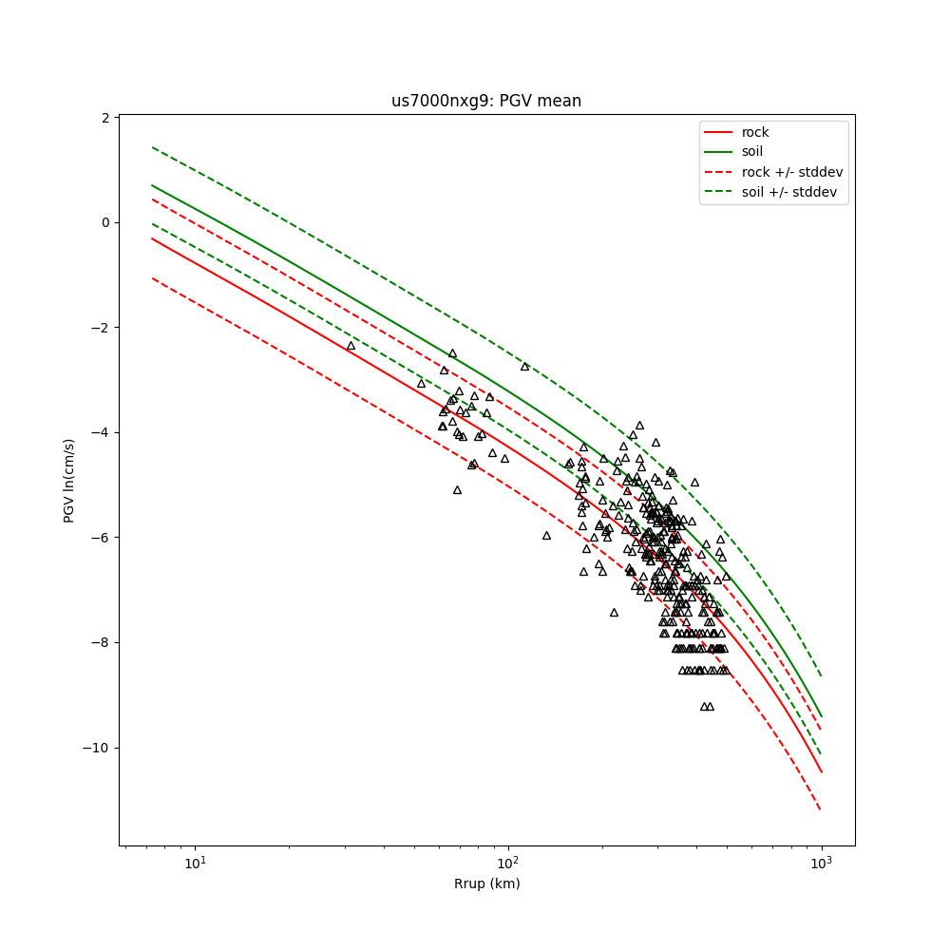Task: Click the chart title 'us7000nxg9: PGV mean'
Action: tap(486, 101)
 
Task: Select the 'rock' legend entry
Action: tap(755, 132)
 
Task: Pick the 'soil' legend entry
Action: tap(754, 152)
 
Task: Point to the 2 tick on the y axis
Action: tap(105, 118)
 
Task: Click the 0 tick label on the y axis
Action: tap(105, 222)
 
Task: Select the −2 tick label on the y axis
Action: tap(101, 328)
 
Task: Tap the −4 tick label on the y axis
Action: tap(101, 432)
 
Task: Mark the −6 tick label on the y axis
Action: tap(101, 538)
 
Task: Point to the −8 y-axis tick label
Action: tap(101, 642)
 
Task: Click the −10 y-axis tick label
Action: tap(97, 748)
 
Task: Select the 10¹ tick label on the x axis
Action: tap(195, 863)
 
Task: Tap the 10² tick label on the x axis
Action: tap(508, 863)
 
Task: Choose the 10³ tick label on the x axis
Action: tap(822, 863)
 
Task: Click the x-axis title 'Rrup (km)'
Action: tap(486, 883)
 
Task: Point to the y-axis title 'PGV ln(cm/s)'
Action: tap(69, 481)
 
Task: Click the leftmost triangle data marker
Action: tap(351, 346)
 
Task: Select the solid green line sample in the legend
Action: tap(719, 152)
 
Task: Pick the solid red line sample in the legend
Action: tap(719, 132)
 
